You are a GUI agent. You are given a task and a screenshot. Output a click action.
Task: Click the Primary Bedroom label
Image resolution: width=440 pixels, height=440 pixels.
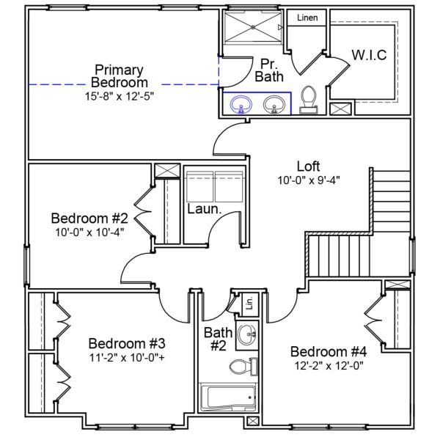pos(119,76)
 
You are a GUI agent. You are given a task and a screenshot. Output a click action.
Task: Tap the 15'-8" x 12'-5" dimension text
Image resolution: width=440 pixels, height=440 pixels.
pos(119,95)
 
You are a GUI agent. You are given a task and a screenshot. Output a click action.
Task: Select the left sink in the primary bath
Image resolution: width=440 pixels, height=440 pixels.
pos(240,106)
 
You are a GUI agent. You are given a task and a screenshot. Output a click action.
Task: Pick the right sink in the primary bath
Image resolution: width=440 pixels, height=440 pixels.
pos(275,106)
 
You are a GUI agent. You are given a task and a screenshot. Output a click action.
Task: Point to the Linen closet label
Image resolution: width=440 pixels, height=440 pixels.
pos(307,18)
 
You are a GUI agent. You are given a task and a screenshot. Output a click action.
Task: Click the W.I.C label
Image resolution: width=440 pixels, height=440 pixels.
pos(369,55)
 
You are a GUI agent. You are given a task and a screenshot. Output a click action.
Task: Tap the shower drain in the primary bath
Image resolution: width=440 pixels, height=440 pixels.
pos(254,27)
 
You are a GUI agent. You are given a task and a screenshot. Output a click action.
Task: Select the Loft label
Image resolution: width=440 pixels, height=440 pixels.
pos(308,166)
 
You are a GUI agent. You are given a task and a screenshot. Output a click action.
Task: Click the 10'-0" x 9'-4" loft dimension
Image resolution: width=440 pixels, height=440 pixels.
pos(308,179)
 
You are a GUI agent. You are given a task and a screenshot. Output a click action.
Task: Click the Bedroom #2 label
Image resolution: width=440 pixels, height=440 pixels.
pos(89,219)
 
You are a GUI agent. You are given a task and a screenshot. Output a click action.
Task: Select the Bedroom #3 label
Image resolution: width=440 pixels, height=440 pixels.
pos(126,344)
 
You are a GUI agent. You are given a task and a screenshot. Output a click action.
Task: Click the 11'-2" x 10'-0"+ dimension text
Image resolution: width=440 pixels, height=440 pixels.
pos(126,358)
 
